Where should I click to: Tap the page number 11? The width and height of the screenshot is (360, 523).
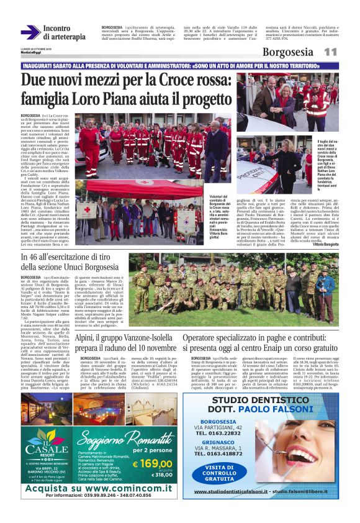click(331, 53)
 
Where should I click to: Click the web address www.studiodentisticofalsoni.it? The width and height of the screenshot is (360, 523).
click(232, 491)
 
